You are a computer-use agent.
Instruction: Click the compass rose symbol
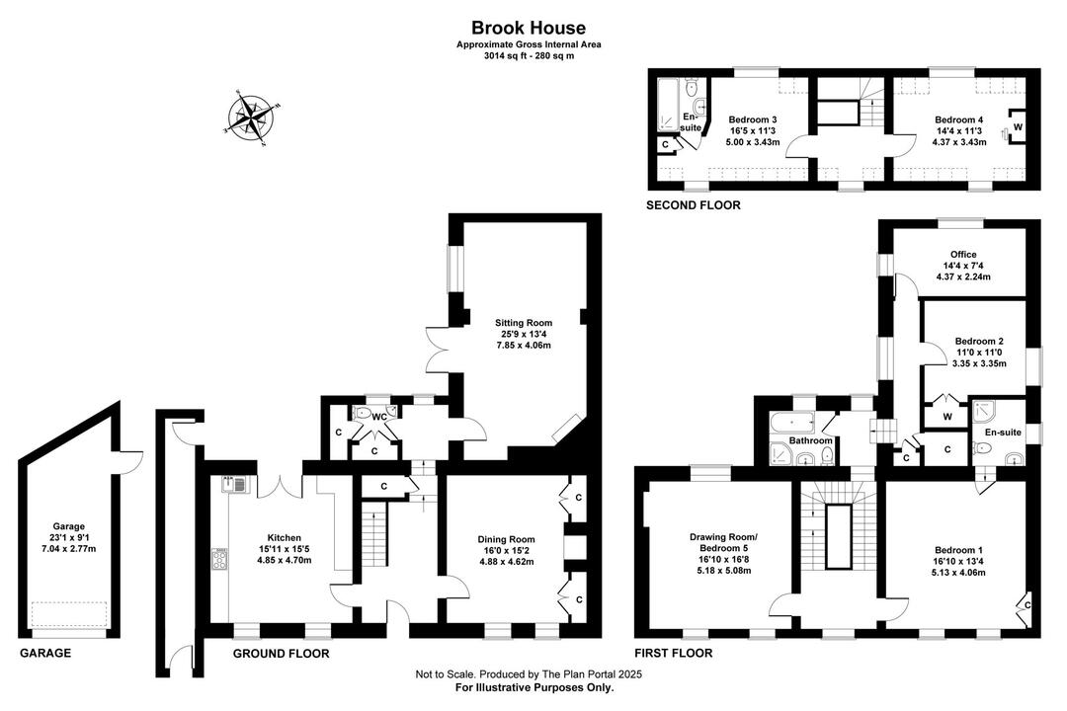[x=251, y=118]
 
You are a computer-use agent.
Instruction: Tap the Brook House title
[x=529, y=28]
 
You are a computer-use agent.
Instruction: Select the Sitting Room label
[x=524, y=323]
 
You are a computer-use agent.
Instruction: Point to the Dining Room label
[x=506, y=539]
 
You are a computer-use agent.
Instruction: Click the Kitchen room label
[x=284, y=537]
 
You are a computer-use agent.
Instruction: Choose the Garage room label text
[x=69, y=526]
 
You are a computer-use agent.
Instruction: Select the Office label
[x=963, y=255]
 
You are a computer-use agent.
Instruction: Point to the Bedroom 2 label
[x=979, y=341]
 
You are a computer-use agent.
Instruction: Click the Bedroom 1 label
[x=958, y=550]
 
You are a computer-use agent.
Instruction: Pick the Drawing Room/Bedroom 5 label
[x=723, y=542]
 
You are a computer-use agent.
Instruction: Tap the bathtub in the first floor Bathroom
[x=792, y=424]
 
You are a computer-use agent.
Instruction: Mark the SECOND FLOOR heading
[x=693, y=204]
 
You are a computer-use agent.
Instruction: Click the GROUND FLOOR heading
[x=281, y=654]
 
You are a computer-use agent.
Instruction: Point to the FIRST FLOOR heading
[x=674, y=653]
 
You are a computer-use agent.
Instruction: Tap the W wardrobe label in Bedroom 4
[x=1018, y=127]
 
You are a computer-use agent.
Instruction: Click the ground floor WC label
[x=379, y=417]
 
